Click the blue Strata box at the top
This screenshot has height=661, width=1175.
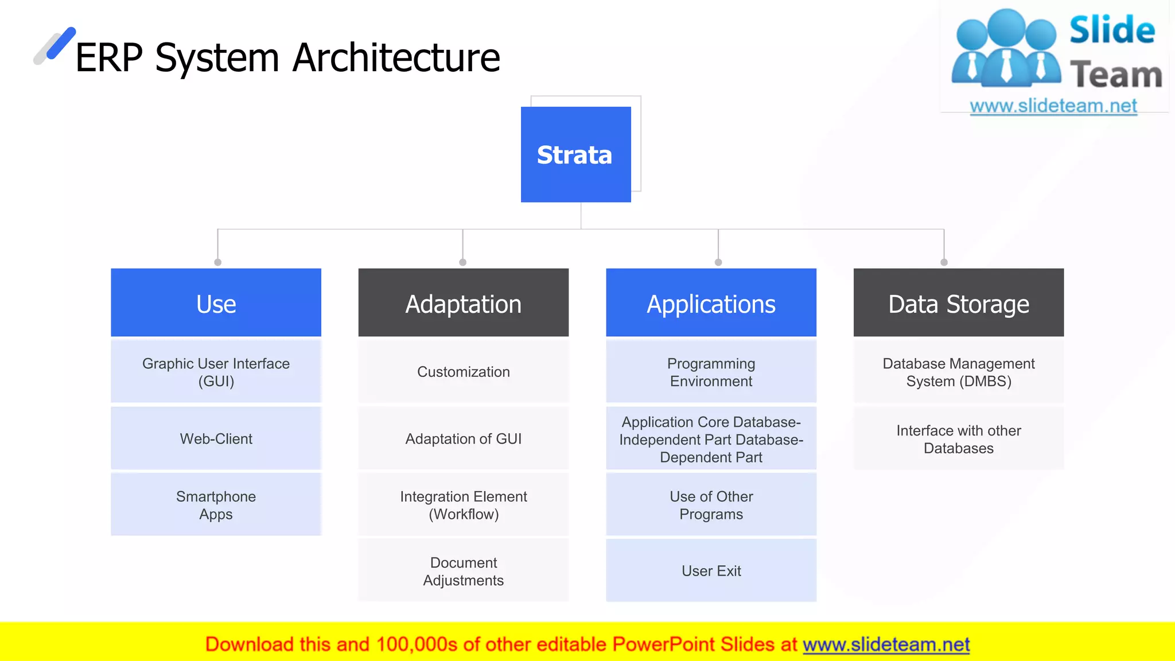[x=575, y=154]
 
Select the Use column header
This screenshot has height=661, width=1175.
[x=216, y=303]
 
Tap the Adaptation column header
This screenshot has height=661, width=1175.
[x=463, y=303]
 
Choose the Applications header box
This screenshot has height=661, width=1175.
[x=711, y=303]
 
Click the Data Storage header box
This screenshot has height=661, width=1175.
[x=958, y=303]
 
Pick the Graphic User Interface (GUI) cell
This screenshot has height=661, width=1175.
[x=216, y=372]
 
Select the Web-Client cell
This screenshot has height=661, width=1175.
[x=216, y=439]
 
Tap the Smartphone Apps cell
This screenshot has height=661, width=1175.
[x=216, y=505]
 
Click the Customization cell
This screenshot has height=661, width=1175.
[x=463, y=372]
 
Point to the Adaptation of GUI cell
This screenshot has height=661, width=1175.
[x=463, y=439]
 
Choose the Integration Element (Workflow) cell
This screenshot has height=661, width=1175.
[x=463, y=505]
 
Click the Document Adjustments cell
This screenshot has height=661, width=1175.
[x=463, y=571]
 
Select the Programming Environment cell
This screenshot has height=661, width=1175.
[x=711, y=372]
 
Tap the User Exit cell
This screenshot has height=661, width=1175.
[x=711, y=571]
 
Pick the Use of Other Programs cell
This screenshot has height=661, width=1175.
[x=711, y=505]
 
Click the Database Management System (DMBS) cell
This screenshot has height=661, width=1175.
[x=958, y=372]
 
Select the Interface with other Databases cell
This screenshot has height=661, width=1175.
[x=958, y=439]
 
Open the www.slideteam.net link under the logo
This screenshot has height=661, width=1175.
[x=1053, y=106]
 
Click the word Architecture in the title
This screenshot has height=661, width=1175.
[x=396, y=58]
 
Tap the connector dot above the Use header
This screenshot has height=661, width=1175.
[x=217, y=262]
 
